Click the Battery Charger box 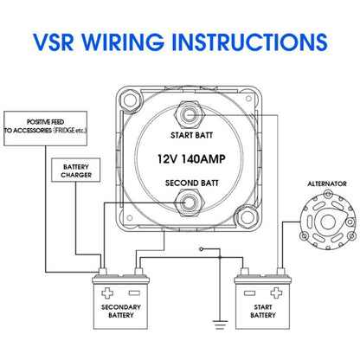[x=76, y=170]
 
